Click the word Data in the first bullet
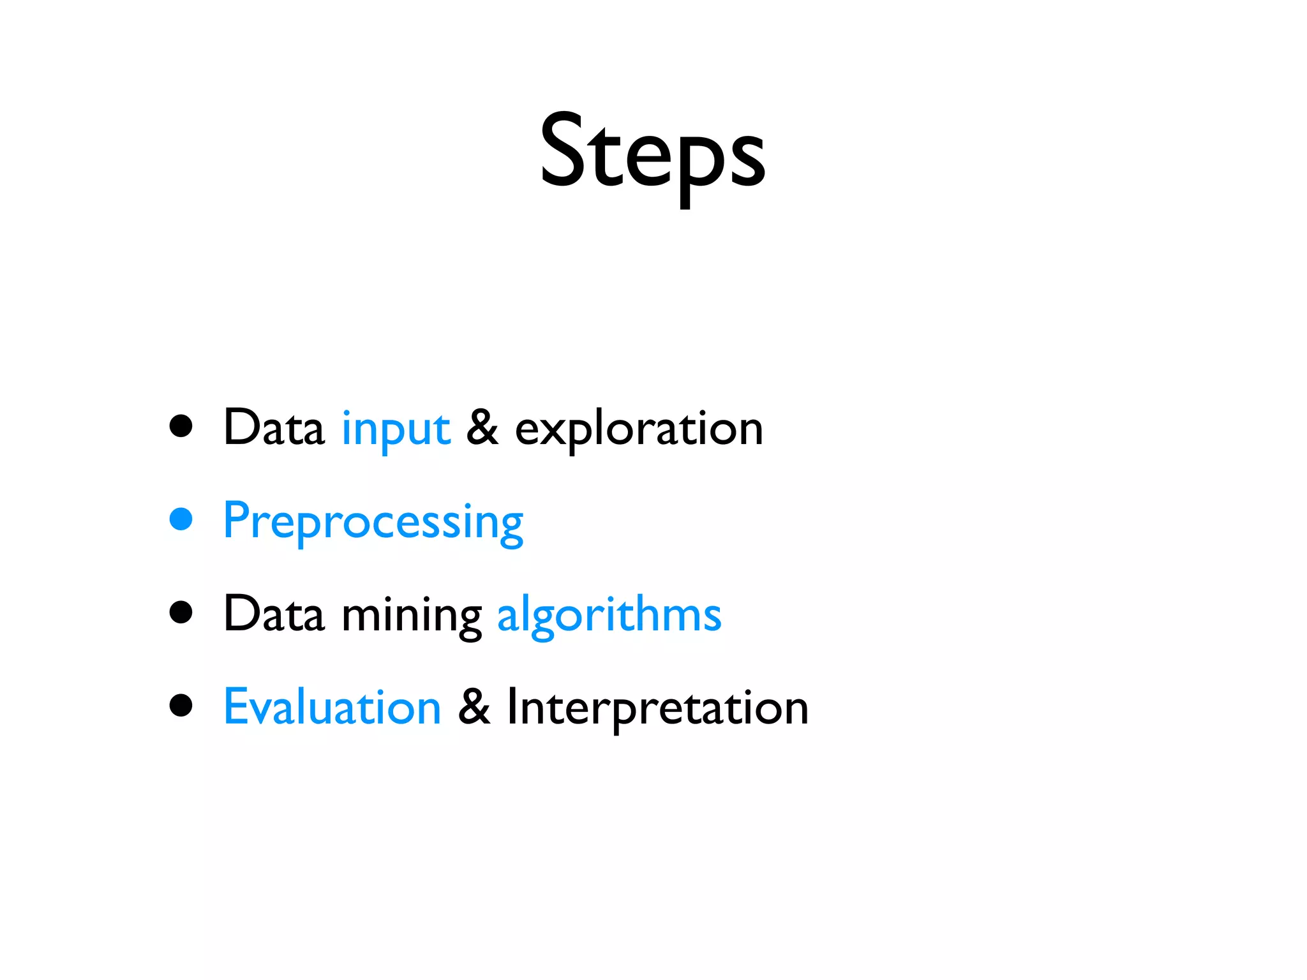274,427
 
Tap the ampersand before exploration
482,427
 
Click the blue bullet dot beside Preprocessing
181,519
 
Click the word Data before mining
274,614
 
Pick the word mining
412,616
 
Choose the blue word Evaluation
332,707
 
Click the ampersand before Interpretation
474,707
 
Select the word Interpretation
657,708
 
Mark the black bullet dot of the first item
181,426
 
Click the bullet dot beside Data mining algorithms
181,612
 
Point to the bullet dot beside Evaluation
181,706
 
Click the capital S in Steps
563,151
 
